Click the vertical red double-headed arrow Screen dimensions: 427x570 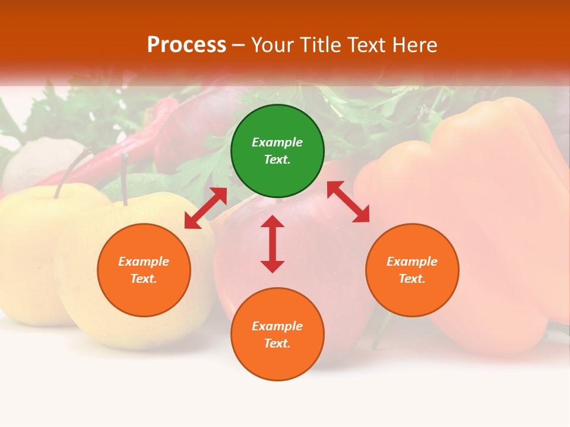click(273, 244)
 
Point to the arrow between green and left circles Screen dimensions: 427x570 click(205, 208)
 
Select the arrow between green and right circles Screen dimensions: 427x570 click(348, 202)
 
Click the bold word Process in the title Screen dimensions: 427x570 click(186, 45)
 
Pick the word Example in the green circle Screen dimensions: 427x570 click(277, 142)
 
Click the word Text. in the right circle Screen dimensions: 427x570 click(412, 279)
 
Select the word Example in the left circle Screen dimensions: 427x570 click(144, 262)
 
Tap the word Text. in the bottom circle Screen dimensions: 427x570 click(277, 343)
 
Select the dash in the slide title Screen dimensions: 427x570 click(239, 45)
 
